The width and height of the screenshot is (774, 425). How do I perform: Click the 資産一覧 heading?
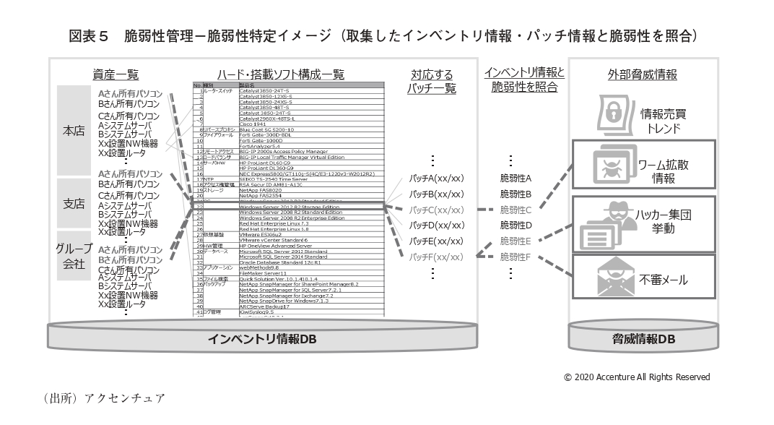tap(116, 74)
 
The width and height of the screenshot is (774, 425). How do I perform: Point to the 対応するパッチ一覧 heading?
tap(432, 81)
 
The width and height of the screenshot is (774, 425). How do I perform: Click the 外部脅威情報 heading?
tap(643, 74)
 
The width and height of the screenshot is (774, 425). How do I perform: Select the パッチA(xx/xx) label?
tap(435, 178)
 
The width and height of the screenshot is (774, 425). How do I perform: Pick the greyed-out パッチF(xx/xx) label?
tap(435, 257)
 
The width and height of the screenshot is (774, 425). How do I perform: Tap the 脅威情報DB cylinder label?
tap(643, 338)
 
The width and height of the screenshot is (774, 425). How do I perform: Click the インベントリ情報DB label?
tap(262, 338)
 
